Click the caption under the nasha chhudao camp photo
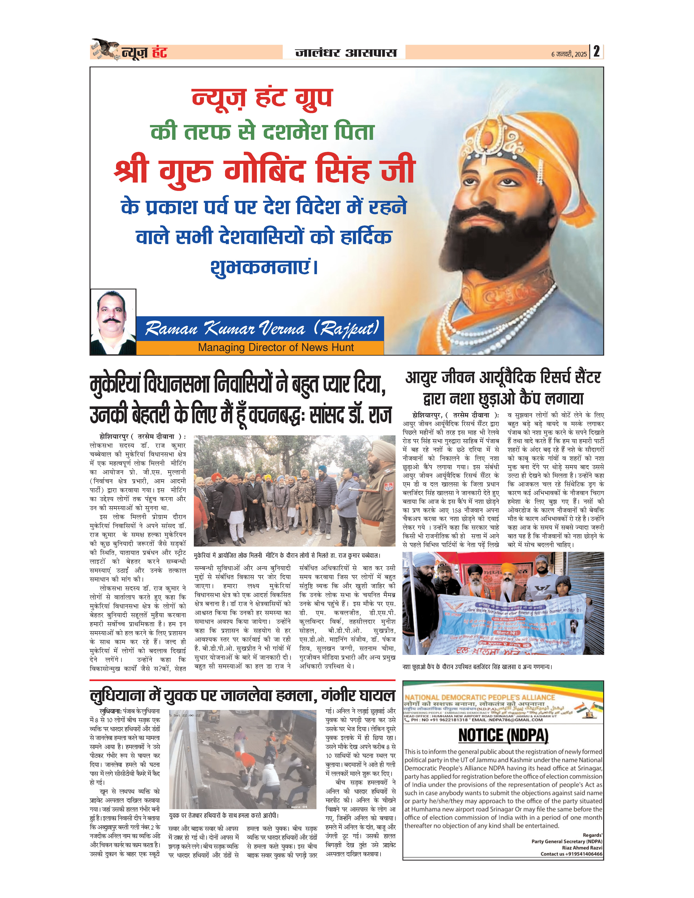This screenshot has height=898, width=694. pyautogui.click(x=477, y=667)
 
